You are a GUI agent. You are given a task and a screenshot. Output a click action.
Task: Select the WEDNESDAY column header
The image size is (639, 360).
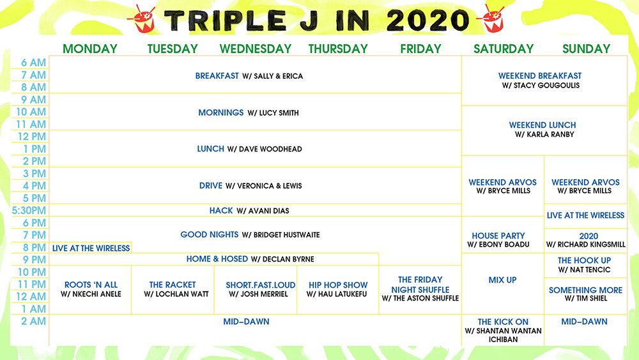tap(255, 49)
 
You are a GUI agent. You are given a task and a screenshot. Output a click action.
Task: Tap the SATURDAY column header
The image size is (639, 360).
tap(503, 49)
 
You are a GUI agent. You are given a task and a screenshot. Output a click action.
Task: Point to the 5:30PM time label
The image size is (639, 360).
tap(29, 210)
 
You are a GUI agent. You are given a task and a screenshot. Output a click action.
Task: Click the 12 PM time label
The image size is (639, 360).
tap(32, 136)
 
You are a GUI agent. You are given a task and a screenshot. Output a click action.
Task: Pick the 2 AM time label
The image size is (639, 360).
tap(33, 321)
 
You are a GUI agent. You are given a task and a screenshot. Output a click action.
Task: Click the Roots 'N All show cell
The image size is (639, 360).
tap(91, 289)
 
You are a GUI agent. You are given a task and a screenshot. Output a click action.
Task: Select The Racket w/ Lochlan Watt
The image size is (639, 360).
tap(173, 289)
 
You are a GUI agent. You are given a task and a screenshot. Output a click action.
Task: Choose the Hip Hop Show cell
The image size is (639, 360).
tap(338, 289)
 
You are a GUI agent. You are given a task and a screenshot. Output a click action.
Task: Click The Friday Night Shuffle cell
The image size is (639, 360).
tap(420, 288)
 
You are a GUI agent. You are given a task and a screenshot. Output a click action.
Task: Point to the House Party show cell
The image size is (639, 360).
tap(498, 240)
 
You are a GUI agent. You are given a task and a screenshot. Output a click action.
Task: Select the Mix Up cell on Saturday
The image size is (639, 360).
tap(502, 280)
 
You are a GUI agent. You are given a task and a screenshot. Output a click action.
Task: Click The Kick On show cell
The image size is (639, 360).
tap(503, 331)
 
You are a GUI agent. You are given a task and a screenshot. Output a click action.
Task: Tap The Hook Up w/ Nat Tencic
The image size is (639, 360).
tap(584, 265)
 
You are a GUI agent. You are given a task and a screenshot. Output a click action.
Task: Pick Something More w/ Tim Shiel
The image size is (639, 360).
tap(585, 294)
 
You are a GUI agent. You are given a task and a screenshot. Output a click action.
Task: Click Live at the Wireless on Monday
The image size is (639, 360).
tap(91, 248)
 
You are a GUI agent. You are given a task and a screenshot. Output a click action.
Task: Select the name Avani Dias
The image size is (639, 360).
tap(263, 211)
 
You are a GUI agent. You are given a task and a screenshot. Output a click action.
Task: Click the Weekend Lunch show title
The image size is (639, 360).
tap(543, 125)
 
